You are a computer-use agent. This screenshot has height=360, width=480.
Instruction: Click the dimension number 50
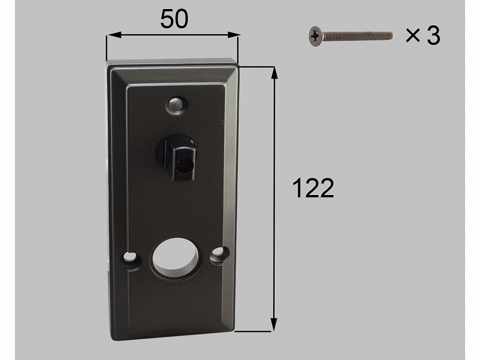pyautogui.click(x=174, y=19)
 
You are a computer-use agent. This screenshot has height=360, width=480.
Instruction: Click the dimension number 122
pyautogui.click(x=313, y=188)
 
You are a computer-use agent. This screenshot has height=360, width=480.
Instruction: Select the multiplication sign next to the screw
pyautogui.click(x=413, y=35)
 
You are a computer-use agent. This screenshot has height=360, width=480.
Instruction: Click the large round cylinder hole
pyautogui.click(x=174, y=256)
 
